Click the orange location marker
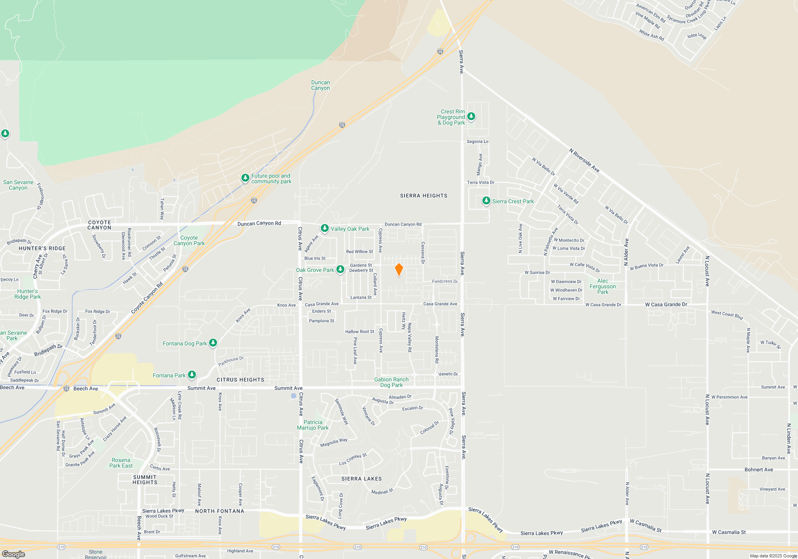click(x=399, y=270)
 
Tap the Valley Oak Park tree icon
click(x=325, y=228)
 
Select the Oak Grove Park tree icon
click(x=340, y=270)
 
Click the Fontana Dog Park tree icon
click(x=213, y=343)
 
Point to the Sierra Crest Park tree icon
click(x=486, y=200)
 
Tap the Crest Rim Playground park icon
click(x=471, y=116)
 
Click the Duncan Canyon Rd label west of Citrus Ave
click(x=259, y=224)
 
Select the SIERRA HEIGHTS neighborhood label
click(x=424, y=196)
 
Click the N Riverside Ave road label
click(x=584, y=161)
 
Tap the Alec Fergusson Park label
click(x=602, y=286)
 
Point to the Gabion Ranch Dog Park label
click(x=391, y=382)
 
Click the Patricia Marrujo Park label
click(x=313, y=425)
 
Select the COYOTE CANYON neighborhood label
click(x=99, y=225)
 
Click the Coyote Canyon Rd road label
click(x=147, y=298)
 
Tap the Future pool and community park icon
click(x=245, y=178)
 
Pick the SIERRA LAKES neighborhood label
click(x=361, y=479)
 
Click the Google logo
click(x=13, y=554)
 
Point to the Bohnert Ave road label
click(x=758, y=470)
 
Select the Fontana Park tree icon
click(x=192, y=375)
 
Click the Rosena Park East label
click(x=121, y=463)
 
